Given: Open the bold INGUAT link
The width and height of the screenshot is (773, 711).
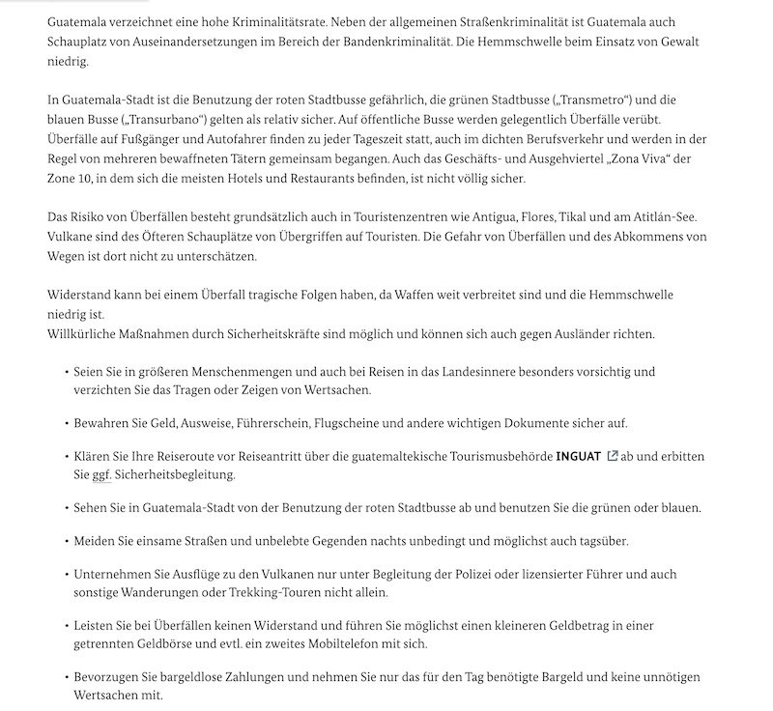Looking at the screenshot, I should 578,455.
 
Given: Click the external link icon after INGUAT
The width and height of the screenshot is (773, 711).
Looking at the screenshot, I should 612,455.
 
